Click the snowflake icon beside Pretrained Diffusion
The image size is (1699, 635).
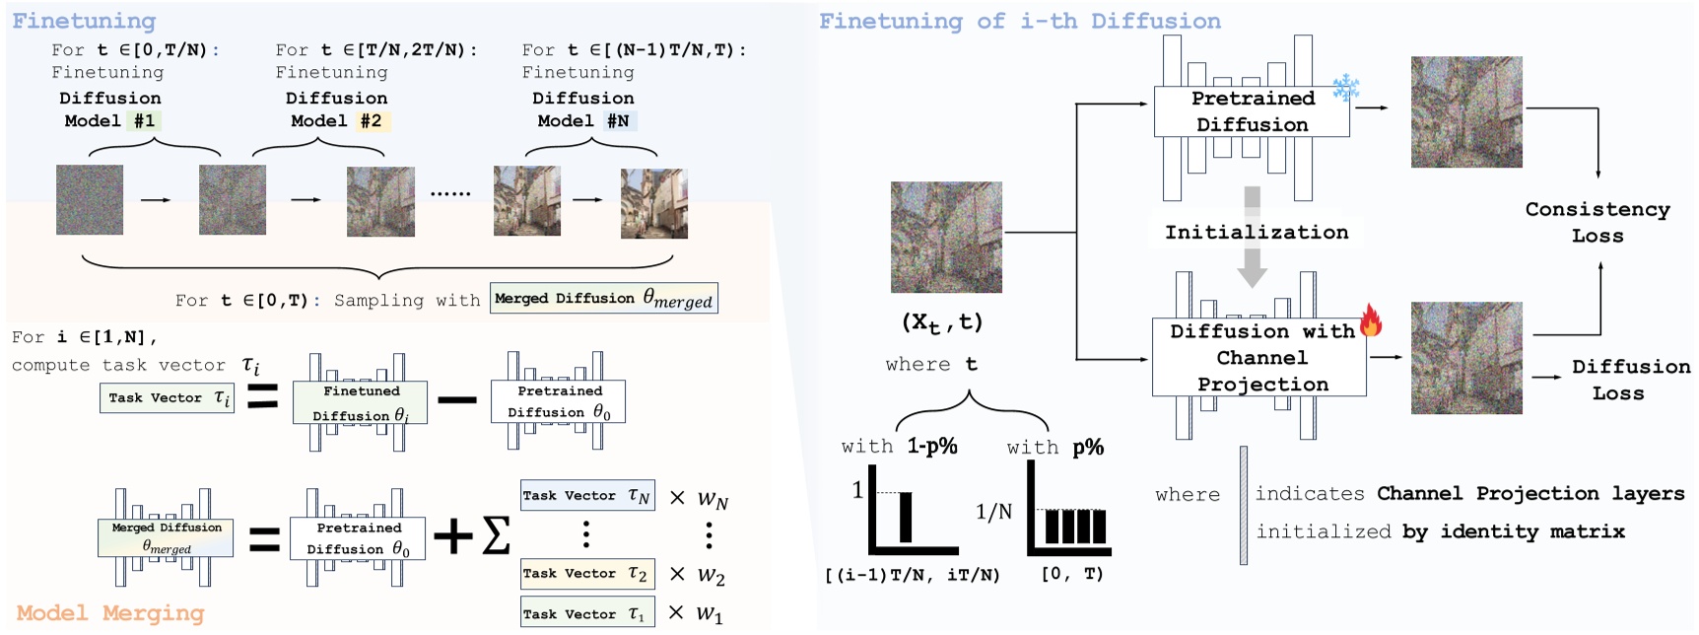coord(1345,88)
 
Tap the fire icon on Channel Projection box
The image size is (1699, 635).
coord(1370,320)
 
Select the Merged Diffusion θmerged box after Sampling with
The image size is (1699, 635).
coord(603,299)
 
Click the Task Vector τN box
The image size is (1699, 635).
coord(586,496)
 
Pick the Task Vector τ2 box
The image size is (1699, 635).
coord(585,573)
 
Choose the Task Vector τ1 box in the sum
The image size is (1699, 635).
coord(584,613)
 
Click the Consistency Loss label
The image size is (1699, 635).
coord(1597,223)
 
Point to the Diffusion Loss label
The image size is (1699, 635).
coord(1630,380)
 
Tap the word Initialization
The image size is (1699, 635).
coord(1257,233)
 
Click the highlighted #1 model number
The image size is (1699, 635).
coord(145,121)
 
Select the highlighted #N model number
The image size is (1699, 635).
coord(618,121)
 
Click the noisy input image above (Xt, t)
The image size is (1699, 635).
coord(946,237)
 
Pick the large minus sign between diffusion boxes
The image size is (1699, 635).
coord(457,399)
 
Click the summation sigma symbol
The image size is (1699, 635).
coord(497,535)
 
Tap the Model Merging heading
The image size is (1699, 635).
coord(110,613)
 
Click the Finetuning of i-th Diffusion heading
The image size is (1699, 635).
coord(1019,22)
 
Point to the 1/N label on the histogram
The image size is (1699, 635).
coord(993,512)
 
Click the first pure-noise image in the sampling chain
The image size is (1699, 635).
coord(90,200)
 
